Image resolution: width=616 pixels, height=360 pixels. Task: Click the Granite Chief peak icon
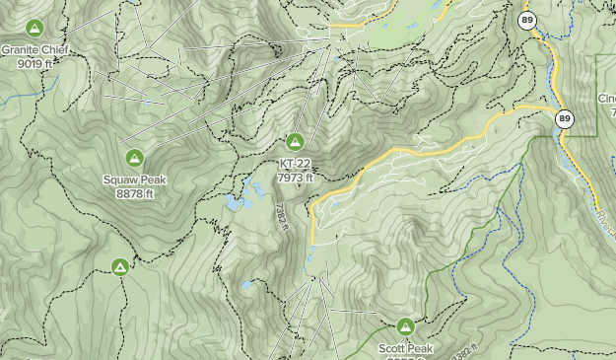click(35, 27)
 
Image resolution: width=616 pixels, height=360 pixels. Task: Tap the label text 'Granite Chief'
click(35, 49)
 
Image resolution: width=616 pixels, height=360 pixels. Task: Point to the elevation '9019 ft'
click(35, 63)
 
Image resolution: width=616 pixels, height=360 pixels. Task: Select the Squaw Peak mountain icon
click(134, 158)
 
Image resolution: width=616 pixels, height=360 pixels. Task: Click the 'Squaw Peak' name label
click(134, 180)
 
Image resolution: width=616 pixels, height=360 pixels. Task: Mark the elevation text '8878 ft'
click(134, 194)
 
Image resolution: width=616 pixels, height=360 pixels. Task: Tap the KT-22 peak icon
click(295, 142)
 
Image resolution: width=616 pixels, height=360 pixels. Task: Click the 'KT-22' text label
click(295, 165)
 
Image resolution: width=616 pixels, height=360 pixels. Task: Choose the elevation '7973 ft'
click(295, 179)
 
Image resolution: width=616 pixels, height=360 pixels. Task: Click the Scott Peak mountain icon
click(405, 326)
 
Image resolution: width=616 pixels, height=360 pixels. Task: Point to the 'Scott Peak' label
click(405, 349)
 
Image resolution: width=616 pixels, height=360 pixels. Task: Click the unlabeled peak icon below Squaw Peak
click(120, 267)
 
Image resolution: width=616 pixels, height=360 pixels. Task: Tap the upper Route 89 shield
click(527, 20)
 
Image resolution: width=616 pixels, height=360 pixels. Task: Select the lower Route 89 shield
click(564, 119)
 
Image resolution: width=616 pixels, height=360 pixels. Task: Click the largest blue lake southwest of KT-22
click(235, 203)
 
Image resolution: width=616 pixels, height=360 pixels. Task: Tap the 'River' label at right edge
click(607, 222)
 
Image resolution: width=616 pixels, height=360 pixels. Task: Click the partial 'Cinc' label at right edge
click(605, 99)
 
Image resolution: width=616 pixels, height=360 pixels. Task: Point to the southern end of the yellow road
click(313, 240)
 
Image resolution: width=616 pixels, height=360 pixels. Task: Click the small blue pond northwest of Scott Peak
click(245, 286)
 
